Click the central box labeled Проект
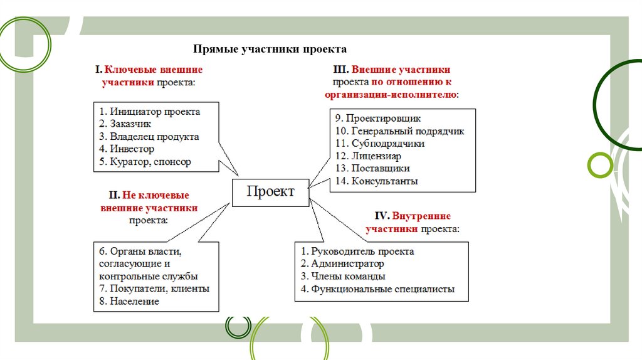(270, 192)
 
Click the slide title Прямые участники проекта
(270, 49)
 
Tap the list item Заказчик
(125, 124)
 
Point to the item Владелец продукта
(149, 136)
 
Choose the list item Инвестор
(127, 149)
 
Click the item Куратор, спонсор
(145, 161)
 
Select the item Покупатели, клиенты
(154, 289)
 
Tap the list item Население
(129, 301)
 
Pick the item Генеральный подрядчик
(399, 131)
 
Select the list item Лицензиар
(368, 156)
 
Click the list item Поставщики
(372, 169)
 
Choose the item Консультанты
(377, 181)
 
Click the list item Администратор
(342, 264)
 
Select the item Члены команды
(343, 277)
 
